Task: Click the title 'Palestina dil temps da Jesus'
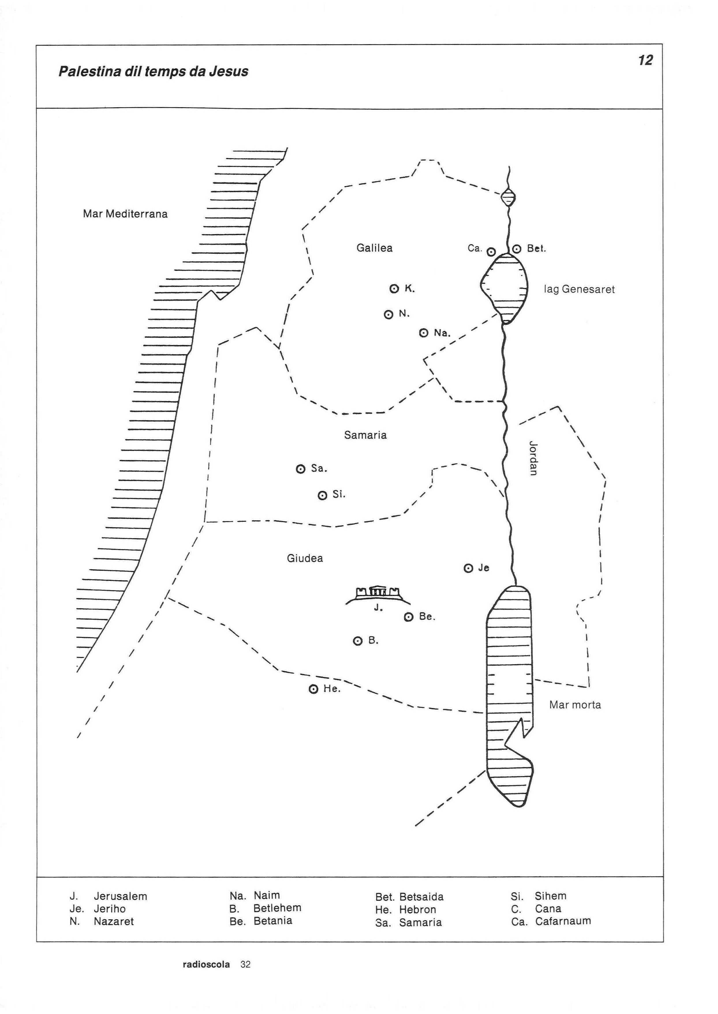point(154,72)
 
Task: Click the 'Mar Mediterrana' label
point(125,214)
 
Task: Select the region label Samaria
point(365,435)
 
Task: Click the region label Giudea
point(305,558)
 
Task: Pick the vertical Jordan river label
point(533,458)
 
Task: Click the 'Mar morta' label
point(575,705)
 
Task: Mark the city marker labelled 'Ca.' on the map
point(491,252)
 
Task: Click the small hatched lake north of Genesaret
point(508,198)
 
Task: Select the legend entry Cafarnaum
point(563,921)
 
